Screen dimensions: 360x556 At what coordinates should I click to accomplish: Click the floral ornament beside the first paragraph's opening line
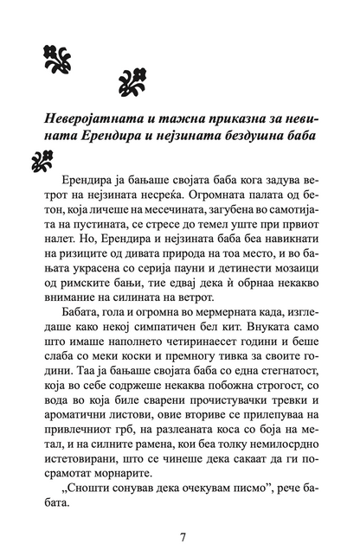click(x=42, y=160)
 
